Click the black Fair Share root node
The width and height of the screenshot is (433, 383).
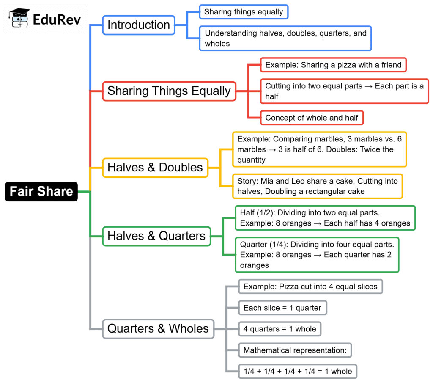tap(41, 191)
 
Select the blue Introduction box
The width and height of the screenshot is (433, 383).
tap(139, 25)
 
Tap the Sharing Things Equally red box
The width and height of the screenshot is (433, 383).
tap(169, 91)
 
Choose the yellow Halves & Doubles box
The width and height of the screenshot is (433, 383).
tap(155, 168)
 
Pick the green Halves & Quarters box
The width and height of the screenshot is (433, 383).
tap(156, 236)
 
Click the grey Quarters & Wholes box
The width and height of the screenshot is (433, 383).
tap(158, 329)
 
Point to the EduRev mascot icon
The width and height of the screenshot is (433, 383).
tap(19, 18)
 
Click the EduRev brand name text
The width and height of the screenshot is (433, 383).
tap(57, 19)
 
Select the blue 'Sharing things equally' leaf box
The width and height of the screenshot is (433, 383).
tap(244, 12)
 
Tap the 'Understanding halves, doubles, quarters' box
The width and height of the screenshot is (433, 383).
tap(285, 39)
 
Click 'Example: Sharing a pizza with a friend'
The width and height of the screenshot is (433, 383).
tap(333, 65)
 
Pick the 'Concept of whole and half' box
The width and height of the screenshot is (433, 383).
tap(312, 118)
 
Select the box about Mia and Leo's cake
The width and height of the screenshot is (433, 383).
tap(318, 186)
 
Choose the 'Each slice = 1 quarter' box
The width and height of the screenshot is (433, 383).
tap(282, 308)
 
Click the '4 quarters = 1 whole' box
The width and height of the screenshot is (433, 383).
tap(280, 329)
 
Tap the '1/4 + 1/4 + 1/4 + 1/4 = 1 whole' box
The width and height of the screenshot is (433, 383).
tap(298, 372)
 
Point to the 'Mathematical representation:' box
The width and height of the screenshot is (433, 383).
tap(295, 350)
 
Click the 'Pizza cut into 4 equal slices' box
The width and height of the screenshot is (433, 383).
tap(310, 287)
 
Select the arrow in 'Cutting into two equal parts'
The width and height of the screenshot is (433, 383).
tap(368, 86)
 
